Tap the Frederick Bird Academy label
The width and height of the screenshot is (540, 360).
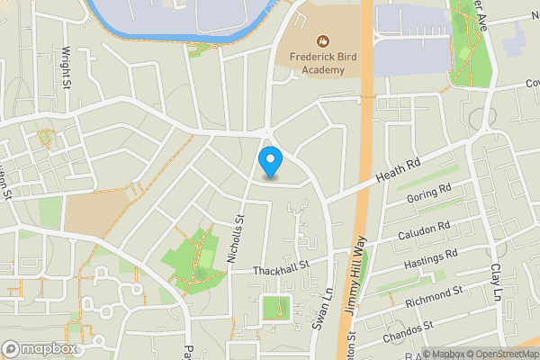[322, 61]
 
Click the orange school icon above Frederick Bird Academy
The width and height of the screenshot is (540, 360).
[322, 40]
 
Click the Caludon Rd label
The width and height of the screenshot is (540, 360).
[424, 232]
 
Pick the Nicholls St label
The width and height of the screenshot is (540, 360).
[237, 238]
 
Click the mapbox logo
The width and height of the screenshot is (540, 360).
[40, 348]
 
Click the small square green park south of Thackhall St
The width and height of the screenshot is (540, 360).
[275, 309]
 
